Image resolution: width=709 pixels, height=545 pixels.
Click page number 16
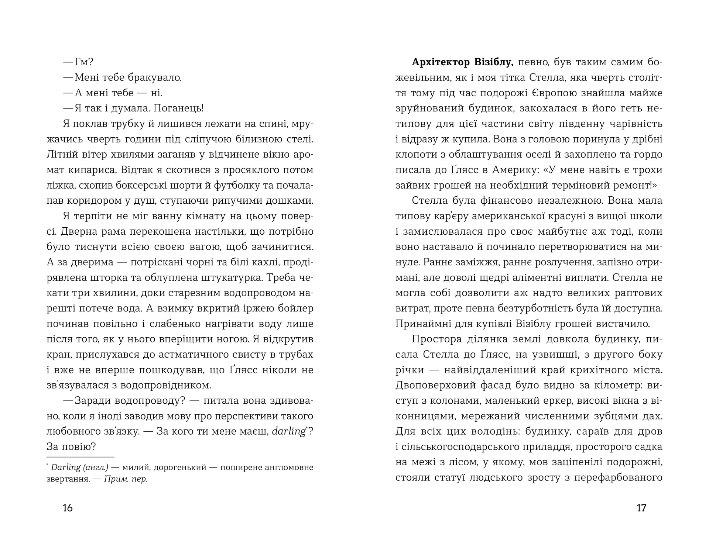(x=68, y=508)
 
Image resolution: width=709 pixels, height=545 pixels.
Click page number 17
(x=641, y=508)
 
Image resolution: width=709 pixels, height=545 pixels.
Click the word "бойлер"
(x=296, y=308)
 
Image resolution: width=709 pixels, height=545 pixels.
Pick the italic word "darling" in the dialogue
(x=288, y=431)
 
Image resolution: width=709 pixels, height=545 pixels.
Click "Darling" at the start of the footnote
(x=66, y=468)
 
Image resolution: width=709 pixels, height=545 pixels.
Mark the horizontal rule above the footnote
(x=81, y=457)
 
